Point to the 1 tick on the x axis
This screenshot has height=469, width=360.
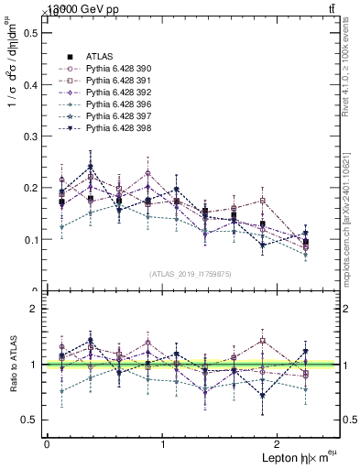tap(163, 444)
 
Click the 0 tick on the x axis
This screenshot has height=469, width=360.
tap(47, 444)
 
